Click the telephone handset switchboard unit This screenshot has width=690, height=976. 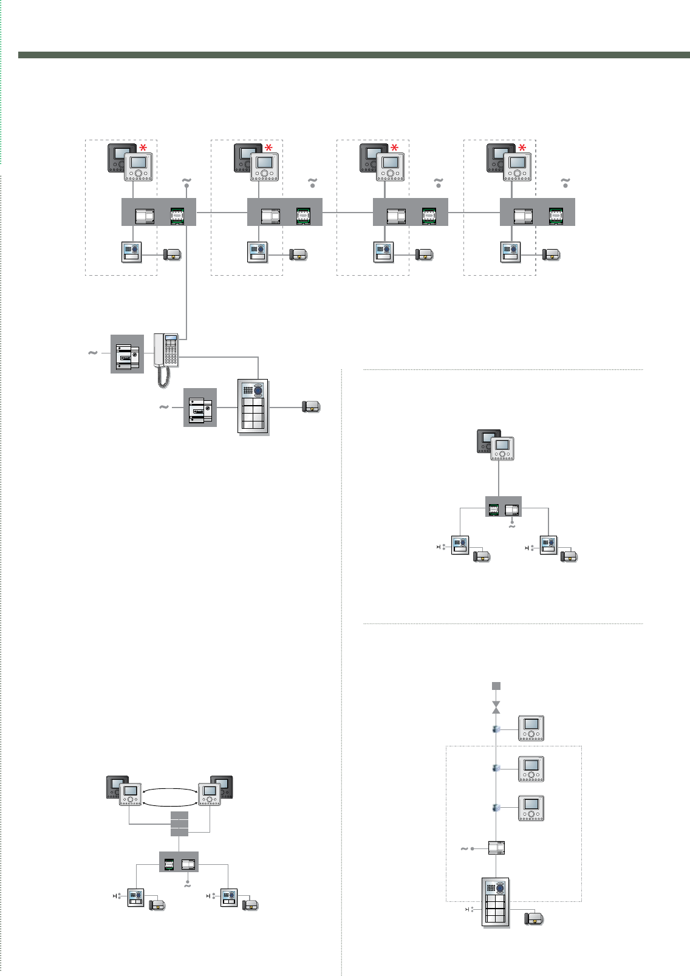click(x=166, y=350)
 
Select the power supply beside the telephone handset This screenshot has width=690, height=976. click(x=127, y=353)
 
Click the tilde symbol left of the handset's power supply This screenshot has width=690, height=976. click(x=93, y=352)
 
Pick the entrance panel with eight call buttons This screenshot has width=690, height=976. click(x=254, y=408)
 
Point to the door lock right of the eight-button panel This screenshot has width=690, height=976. click(x=311, y=408)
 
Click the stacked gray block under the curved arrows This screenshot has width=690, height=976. click(x=179, y=823)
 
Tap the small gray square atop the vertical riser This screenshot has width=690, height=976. click(x=496, y=686)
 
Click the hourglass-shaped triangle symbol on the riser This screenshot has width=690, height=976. click(x=496, y=707)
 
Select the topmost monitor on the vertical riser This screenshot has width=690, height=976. click(x=531, y=729)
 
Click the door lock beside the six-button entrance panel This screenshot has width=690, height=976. click(x=534, y=918)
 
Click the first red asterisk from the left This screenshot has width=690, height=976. click(x=143, y=149)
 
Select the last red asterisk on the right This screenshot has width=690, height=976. click(x=522, y=149)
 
